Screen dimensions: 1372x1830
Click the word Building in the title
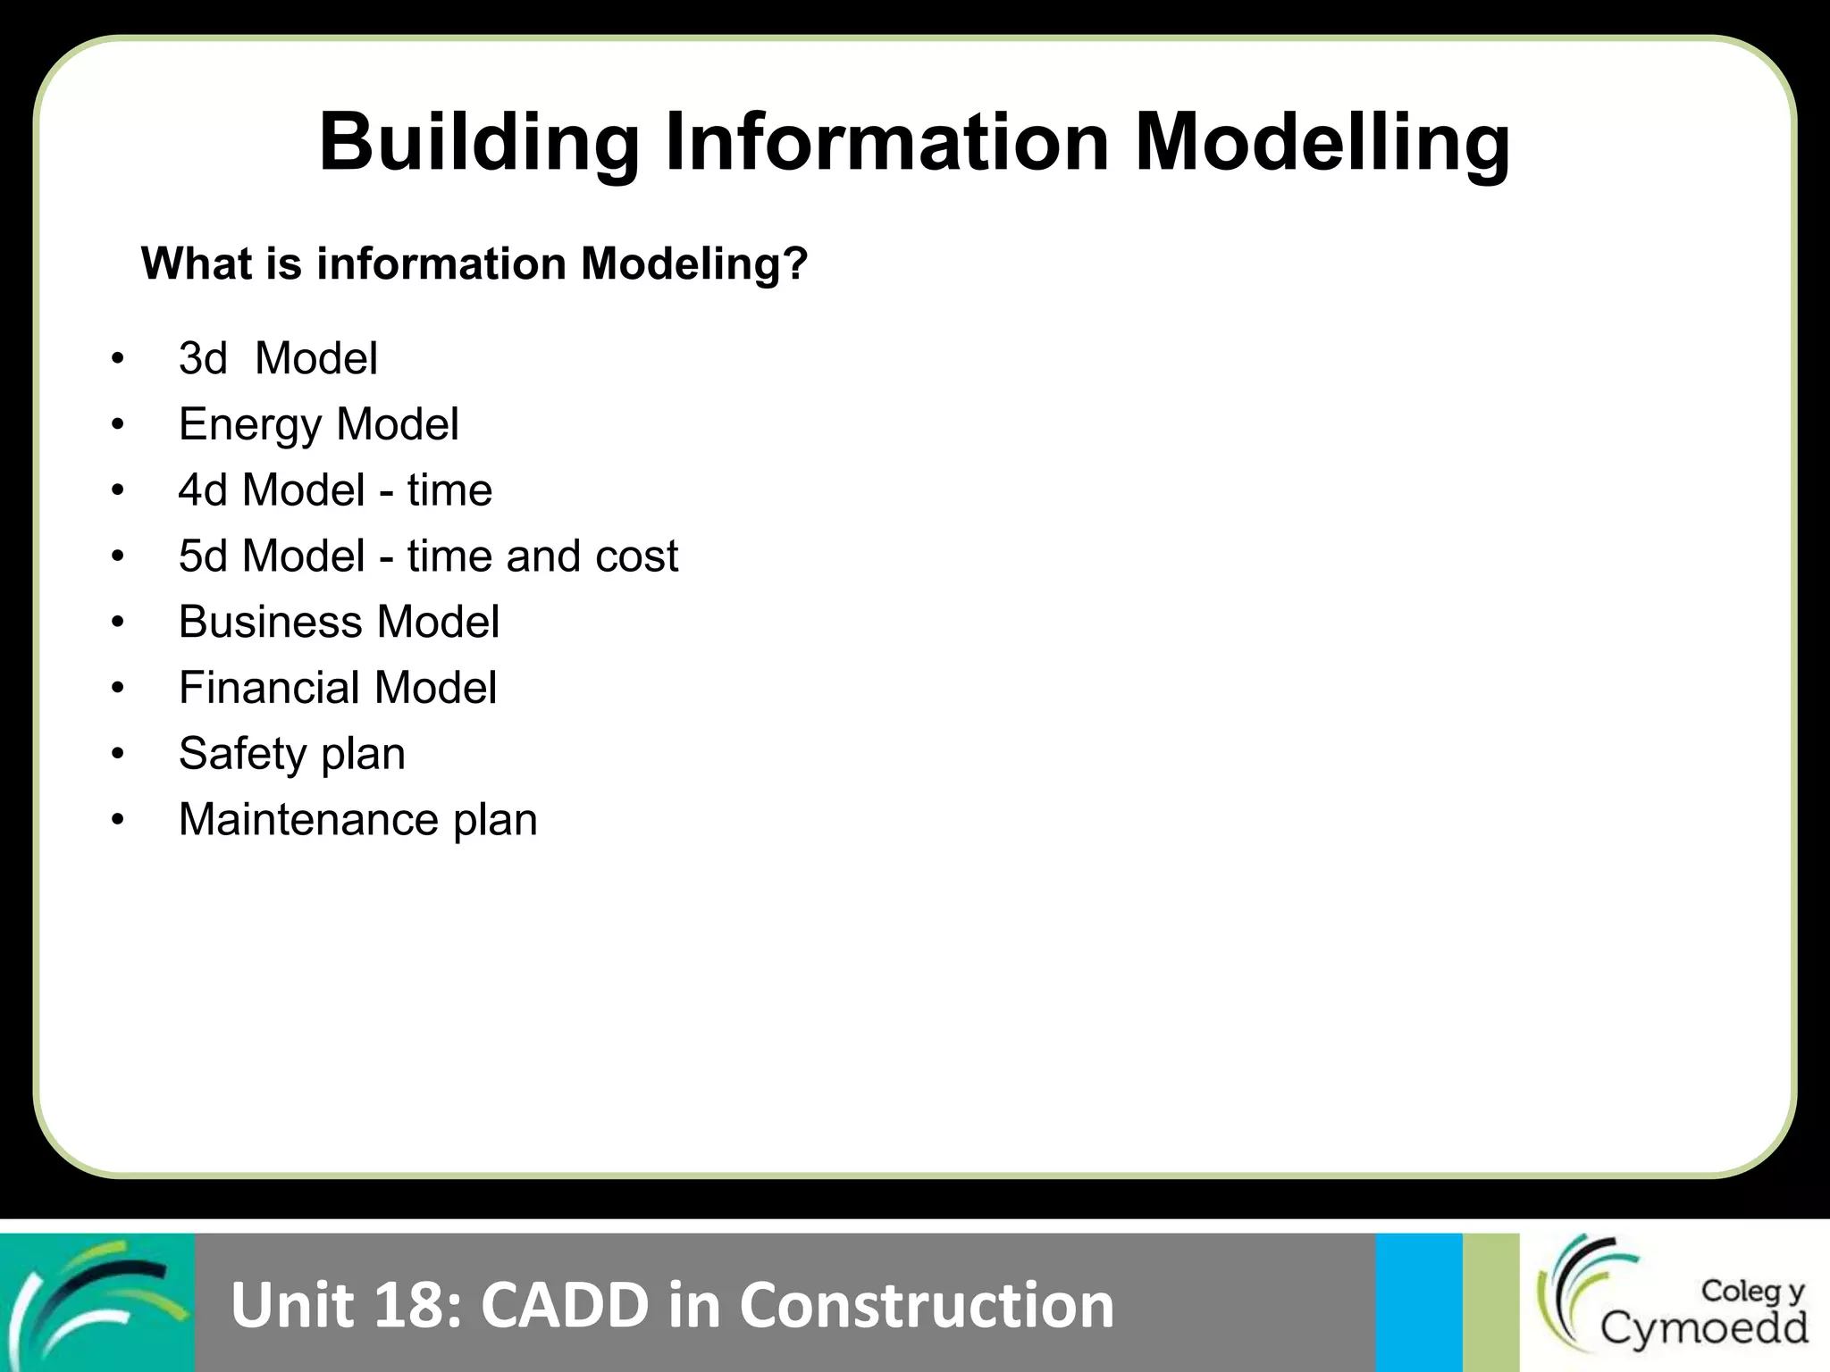[x=479, y=143]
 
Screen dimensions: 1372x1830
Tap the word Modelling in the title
[x=1322, y=143]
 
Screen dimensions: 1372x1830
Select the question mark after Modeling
[x=795, y=264]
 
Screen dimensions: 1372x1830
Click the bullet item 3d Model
[x=278, y=359]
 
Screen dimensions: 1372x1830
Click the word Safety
[x=242, y=754]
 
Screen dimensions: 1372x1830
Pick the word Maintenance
[x=308, y=820]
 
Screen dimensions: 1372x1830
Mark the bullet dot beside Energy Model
[x=118, y=425]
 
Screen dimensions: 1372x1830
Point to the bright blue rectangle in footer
[x=1418, y=1302]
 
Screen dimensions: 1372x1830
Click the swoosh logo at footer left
[x=97, y=1302]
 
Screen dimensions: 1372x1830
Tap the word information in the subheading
[x=441, y=264]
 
